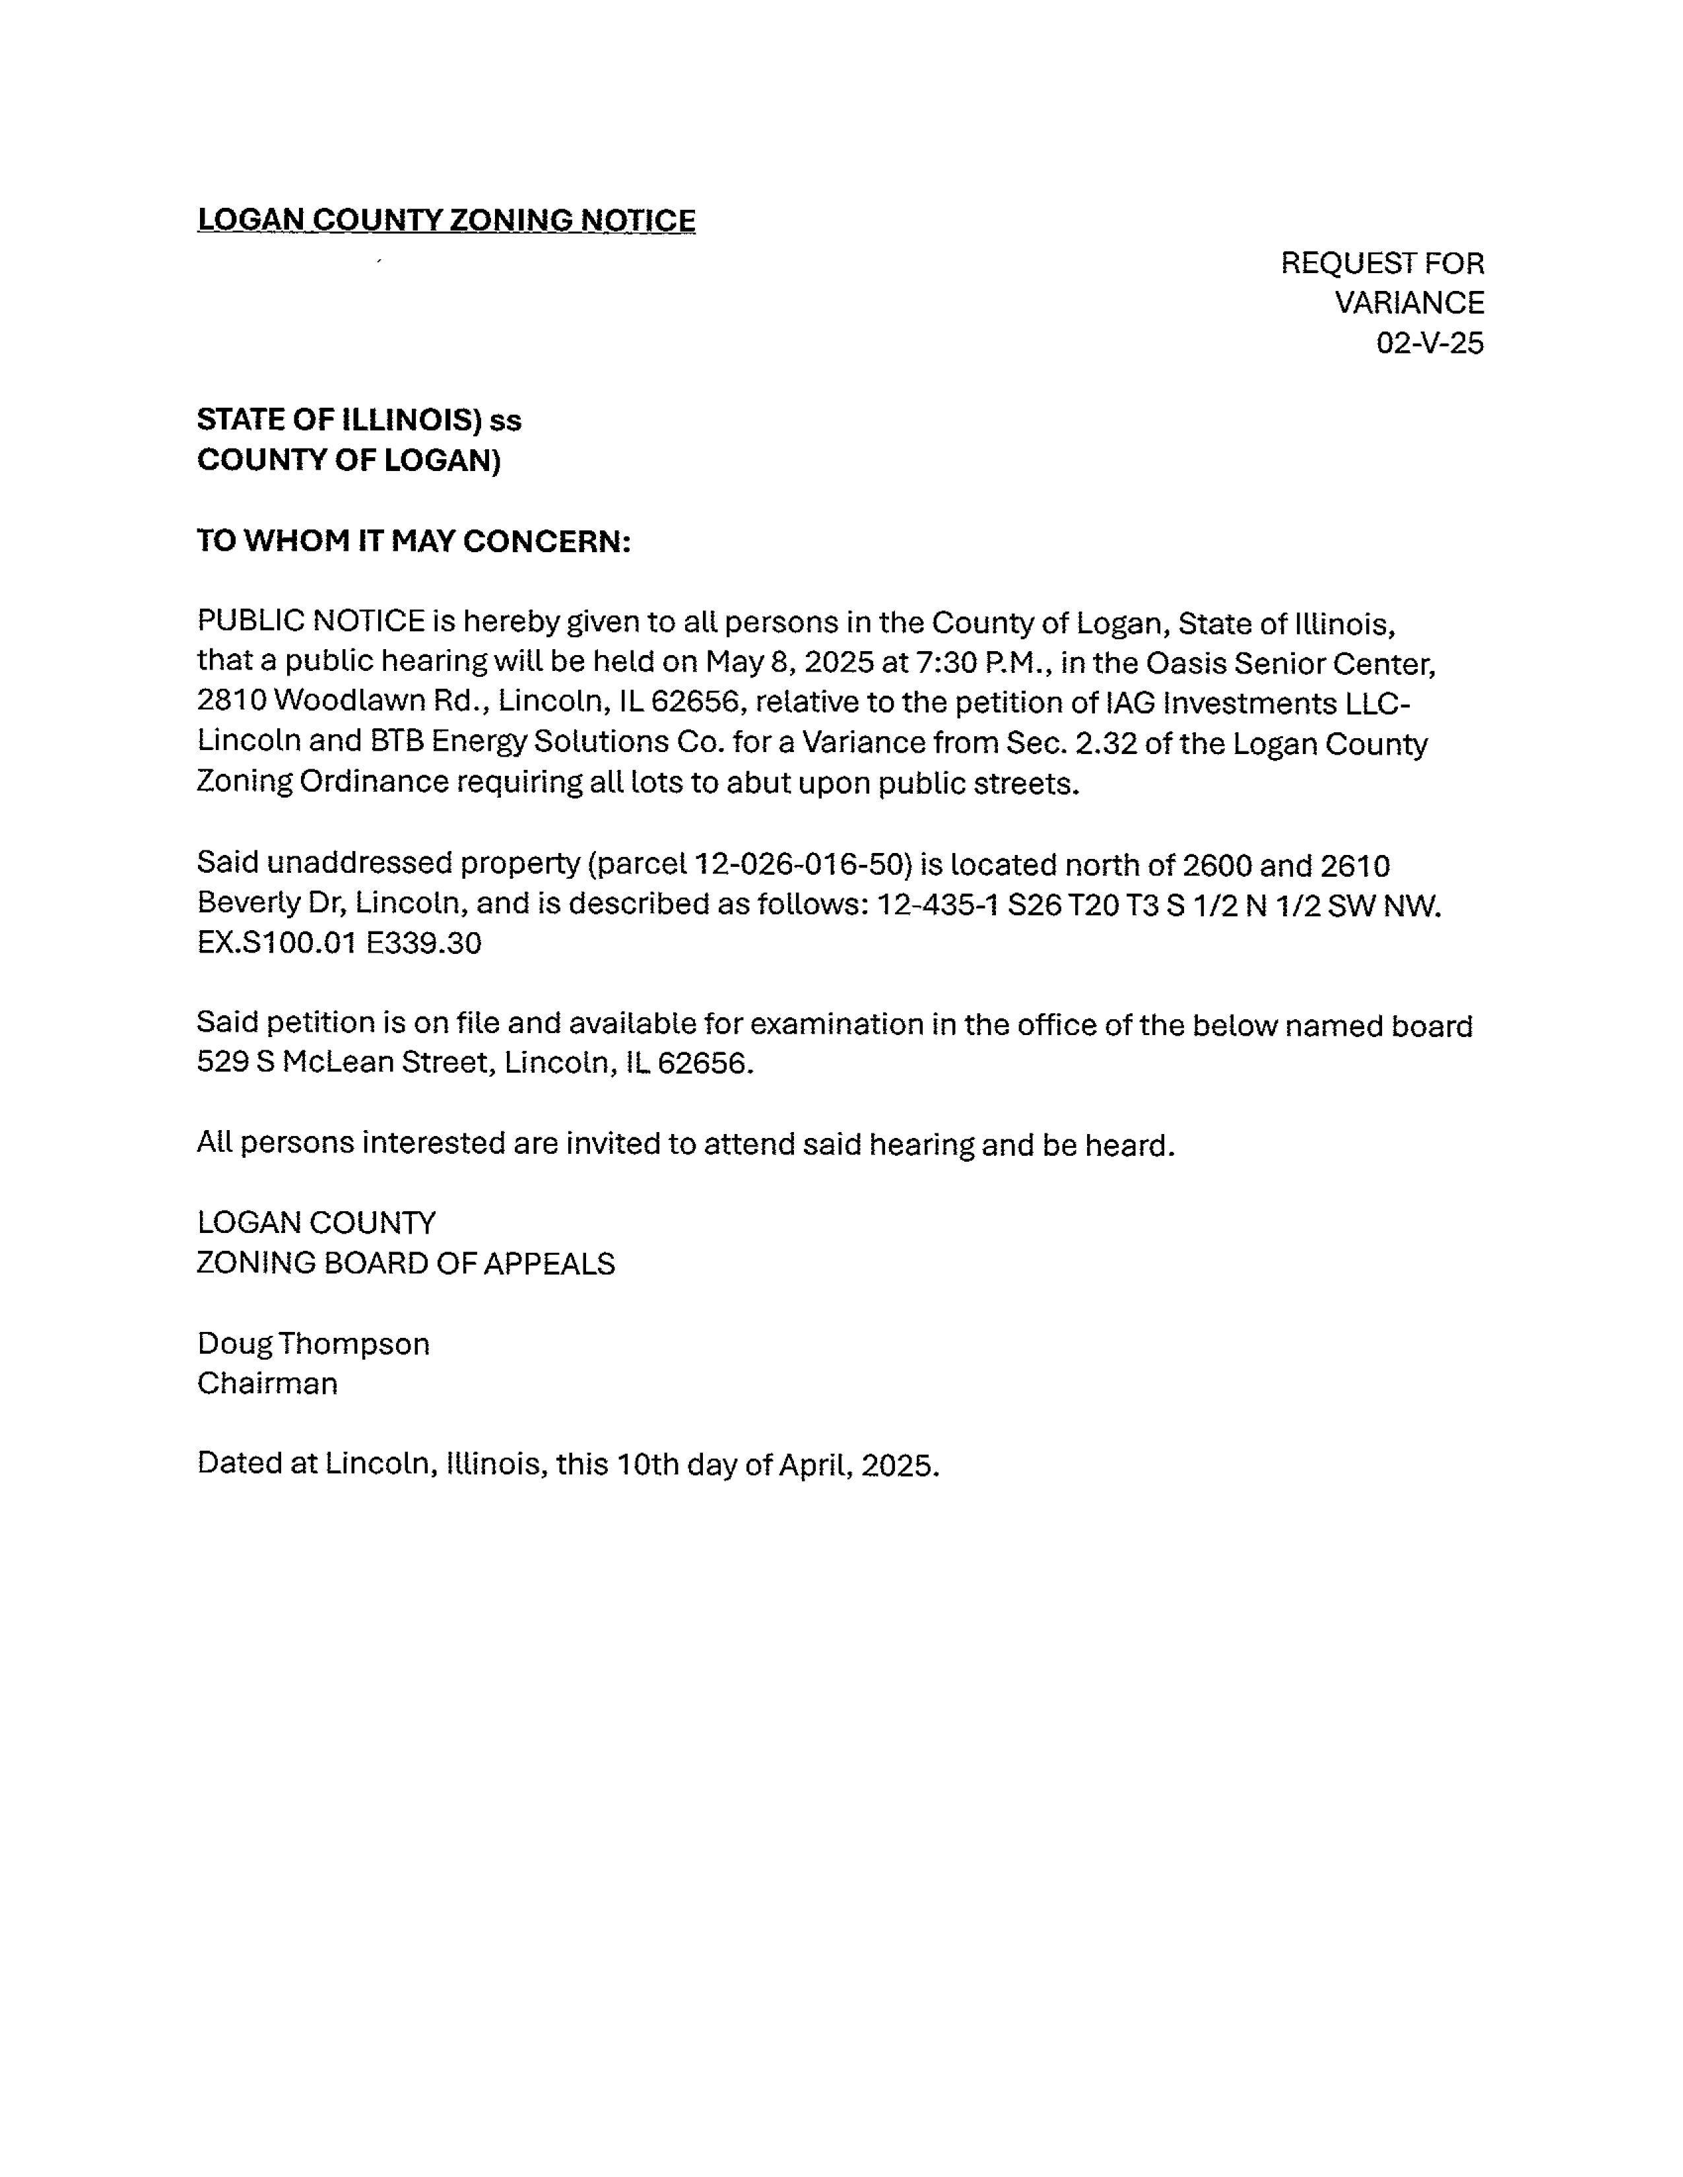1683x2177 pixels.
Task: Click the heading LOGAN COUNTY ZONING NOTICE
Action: tap(445, 220)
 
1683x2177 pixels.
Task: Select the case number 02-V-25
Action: tap(1430, 344)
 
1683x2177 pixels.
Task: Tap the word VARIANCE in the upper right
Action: tap(1409, 303)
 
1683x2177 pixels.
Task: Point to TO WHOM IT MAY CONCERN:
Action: tap(414, 541)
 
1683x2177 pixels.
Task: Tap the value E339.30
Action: tap(424, 943)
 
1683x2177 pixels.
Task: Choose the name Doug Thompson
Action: tap(313, 1344)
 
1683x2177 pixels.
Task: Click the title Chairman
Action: tap(267, 1383)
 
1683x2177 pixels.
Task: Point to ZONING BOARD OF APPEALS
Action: tap(406, 1264)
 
